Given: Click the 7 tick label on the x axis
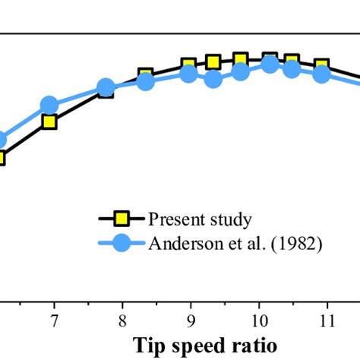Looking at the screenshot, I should pos(54,319).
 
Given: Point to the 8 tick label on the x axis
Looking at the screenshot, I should pos(122,319).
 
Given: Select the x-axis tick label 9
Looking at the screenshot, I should pos(191,319).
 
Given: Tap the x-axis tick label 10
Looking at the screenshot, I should pos(259,319).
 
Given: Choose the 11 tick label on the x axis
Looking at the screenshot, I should pos(327,319).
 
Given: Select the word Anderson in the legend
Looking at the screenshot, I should pos(181,244).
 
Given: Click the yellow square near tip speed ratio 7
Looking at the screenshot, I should pos(49,122).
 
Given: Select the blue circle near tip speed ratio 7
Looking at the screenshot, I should pos(49,106).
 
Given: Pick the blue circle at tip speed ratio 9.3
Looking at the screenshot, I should pos(213,79).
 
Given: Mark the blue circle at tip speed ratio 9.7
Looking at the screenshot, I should pos(241,71).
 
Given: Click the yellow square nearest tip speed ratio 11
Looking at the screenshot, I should pos(321,67).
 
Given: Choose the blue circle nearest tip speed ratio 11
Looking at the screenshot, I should pos(321,74).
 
